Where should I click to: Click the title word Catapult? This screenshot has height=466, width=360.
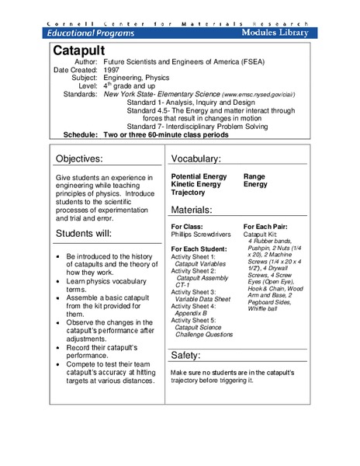click(x=83, y=50)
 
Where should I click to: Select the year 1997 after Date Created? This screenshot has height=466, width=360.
click(x=112, y=69)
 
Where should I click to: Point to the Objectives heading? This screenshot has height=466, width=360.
click(x=90, y=159)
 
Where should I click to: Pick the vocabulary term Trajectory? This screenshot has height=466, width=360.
click(x=189, y=193)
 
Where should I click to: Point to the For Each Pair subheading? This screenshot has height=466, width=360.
click(x=267, y=226)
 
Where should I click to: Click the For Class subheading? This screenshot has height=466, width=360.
click(x=186, y=226)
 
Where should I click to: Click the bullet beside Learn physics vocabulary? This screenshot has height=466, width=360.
click(x=61, y=282)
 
